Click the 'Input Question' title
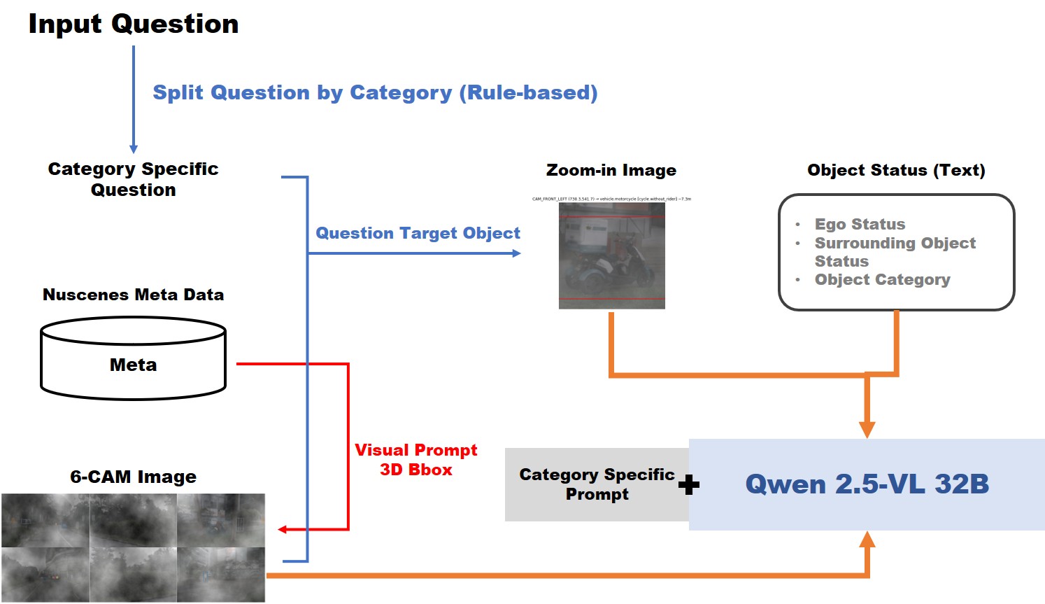point(133,24)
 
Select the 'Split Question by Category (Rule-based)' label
point(375,92)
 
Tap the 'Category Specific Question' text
point(133,179)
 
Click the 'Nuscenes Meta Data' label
point(133,295)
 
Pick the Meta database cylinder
point(133,359)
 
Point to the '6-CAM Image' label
point(133,477)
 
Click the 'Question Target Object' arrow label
point(418,233)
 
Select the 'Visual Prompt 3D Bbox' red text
point(415,460)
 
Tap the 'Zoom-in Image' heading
point(611,170)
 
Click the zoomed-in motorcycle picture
point(611,255)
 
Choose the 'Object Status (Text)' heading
point(895,170)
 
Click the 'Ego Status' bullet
point(859,224)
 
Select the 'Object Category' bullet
point(881,280)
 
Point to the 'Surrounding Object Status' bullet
point(894,252)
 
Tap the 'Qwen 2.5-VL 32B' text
point(867,484)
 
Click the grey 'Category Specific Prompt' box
point(596,484)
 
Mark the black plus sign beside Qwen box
point(689,485)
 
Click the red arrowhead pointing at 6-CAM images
point(283,530)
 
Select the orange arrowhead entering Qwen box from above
point(867,429)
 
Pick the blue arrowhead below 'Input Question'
point(134,149)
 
